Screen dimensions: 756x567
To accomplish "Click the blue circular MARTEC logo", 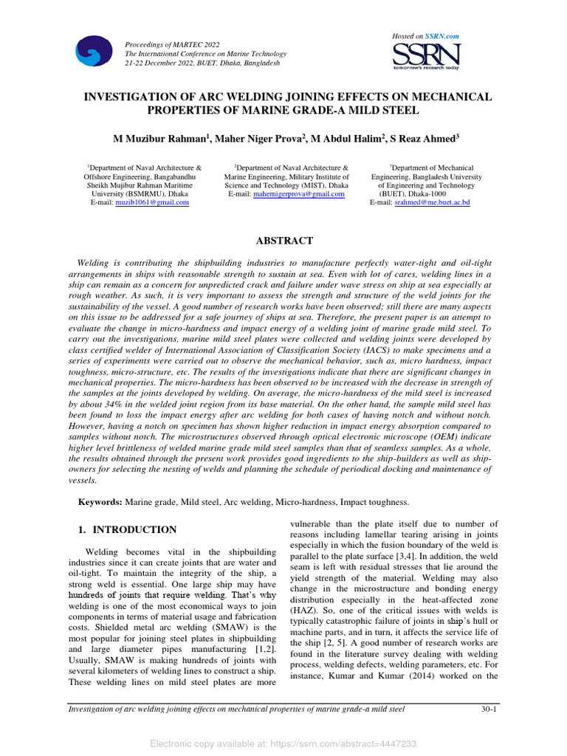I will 94,51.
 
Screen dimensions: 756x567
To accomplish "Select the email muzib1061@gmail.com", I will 152,202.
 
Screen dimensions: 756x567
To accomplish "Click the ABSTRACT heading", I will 283,241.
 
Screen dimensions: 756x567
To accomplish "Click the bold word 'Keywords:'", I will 100,502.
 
